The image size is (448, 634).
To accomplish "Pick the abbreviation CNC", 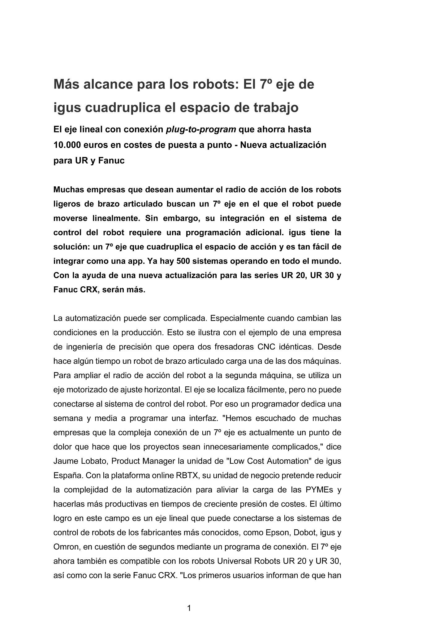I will click(x=268, y=347).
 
